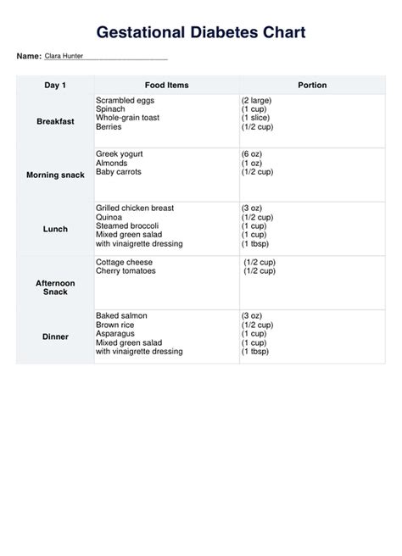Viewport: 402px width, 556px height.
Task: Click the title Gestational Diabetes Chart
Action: point(201,32)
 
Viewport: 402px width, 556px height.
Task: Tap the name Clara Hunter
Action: point(64,56)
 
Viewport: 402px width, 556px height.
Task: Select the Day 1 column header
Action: point(55,86)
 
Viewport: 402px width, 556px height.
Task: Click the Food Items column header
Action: point(166,86)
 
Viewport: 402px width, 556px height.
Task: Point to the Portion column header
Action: point(312,86)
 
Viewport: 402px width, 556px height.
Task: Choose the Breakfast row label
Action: point(55,121)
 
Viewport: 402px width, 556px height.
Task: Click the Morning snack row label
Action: point(55,175)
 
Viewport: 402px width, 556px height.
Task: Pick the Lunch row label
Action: point(55,229)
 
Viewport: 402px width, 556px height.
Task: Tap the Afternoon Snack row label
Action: point(55,287)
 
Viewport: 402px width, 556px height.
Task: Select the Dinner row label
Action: point(55,336)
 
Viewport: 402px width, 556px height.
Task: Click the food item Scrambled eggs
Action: point(126,100)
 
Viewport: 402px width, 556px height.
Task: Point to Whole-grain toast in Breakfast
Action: point(128,118)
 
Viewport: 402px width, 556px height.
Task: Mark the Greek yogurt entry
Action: point(120,153)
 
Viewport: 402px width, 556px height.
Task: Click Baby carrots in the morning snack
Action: point(119,171)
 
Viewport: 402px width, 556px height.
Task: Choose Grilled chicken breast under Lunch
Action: point(136,208)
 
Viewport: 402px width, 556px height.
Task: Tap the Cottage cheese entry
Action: point(126,262)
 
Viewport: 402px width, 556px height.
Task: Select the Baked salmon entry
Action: point(121,315)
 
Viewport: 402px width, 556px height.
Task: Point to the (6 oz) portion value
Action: point(254,153)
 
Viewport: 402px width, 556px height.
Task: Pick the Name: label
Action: point(29,56)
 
